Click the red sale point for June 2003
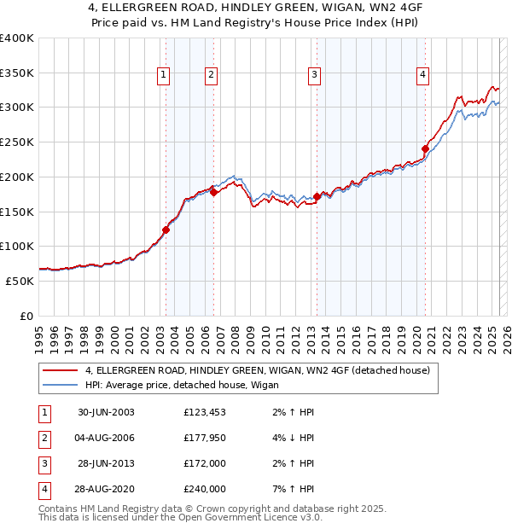(x=166, y=230)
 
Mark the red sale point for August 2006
(x=213, y=192)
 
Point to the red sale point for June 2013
(x=317, y=196)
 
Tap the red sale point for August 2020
(x=424, y=148)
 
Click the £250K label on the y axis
(x=17, y=142)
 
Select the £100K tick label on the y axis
(x=17, y=246)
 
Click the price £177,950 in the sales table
(x=205, y=438)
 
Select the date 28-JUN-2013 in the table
(x=106, y=463)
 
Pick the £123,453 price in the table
(x=205, y=412)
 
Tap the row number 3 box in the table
(x=43, y=463)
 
